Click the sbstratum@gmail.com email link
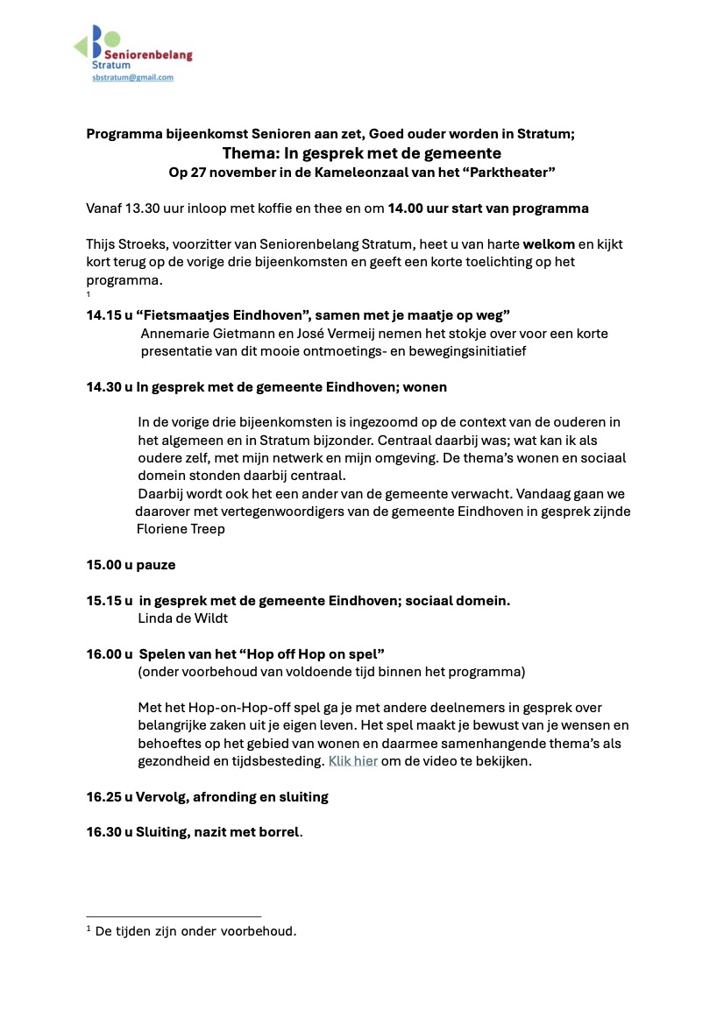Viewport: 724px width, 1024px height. click(133, 77)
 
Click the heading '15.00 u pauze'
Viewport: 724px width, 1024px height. click(131, 565)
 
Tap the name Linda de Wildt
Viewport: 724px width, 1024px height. click(183, 618)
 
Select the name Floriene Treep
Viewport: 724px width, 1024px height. click(181, 529)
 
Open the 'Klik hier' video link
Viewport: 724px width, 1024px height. click(352, 761)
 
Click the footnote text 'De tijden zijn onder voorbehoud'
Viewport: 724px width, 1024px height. click(195, 931)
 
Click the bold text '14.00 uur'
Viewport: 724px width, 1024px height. click(425, 208)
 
